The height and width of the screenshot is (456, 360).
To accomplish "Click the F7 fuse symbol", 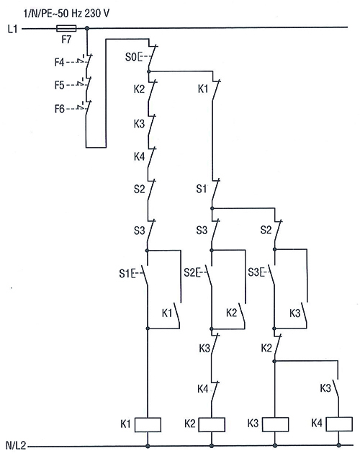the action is [66, 29].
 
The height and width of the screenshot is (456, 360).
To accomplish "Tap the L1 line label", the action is [13, 29].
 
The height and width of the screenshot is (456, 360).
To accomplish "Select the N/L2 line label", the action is [17, 445].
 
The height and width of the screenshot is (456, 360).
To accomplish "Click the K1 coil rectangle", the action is [148, 425].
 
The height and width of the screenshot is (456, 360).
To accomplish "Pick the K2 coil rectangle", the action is [212, 425].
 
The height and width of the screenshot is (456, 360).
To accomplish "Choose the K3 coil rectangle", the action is [275, 425].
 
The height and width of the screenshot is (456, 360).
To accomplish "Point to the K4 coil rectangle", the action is [339, 424].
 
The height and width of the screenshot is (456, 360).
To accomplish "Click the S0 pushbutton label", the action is [130, 57].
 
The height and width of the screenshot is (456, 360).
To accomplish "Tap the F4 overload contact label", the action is [59, 62].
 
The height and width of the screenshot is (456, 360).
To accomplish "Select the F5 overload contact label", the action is [59, 85].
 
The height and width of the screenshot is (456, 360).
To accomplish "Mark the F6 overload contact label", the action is [59, 109].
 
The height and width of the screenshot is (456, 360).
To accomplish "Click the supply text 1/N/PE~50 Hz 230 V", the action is [66, 14].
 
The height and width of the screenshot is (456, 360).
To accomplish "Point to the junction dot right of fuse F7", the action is [86, 28].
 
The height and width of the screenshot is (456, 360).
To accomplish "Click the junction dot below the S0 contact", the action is [149, 71].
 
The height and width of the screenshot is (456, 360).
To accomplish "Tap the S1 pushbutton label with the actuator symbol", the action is [125, 274].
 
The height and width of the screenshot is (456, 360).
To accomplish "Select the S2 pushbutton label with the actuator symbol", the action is [189, 272].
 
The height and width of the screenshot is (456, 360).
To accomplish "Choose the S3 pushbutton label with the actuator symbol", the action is [253, 272].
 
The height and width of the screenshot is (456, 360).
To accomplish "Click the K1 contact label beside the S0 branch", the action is [203, 89].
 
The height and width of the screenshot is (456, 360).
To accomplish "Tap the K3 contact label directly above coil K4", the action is [325, 388].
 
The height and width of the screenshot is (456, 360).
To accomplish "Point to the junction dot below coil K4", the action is [339, 445].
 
